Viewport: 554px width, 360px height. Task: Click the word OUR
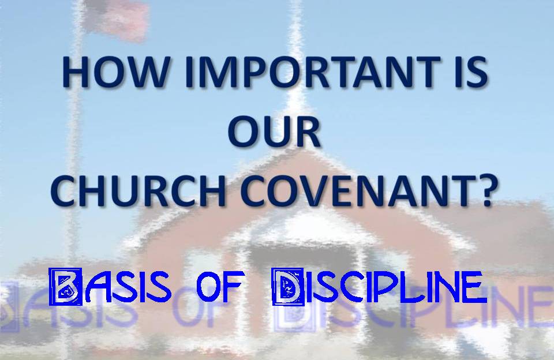[274, 132]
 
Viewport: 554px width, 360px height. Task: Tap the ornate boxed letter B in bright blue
[66, 287]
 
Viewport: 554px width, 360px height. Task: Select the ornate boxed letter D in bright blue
[288, 287]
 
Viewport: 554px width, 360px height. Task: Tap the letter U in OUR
[276, 132]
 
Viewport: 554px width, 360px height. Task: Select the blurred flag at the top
[117, 20]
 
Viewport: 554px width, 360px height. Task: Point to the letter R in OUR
[307, 132]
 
